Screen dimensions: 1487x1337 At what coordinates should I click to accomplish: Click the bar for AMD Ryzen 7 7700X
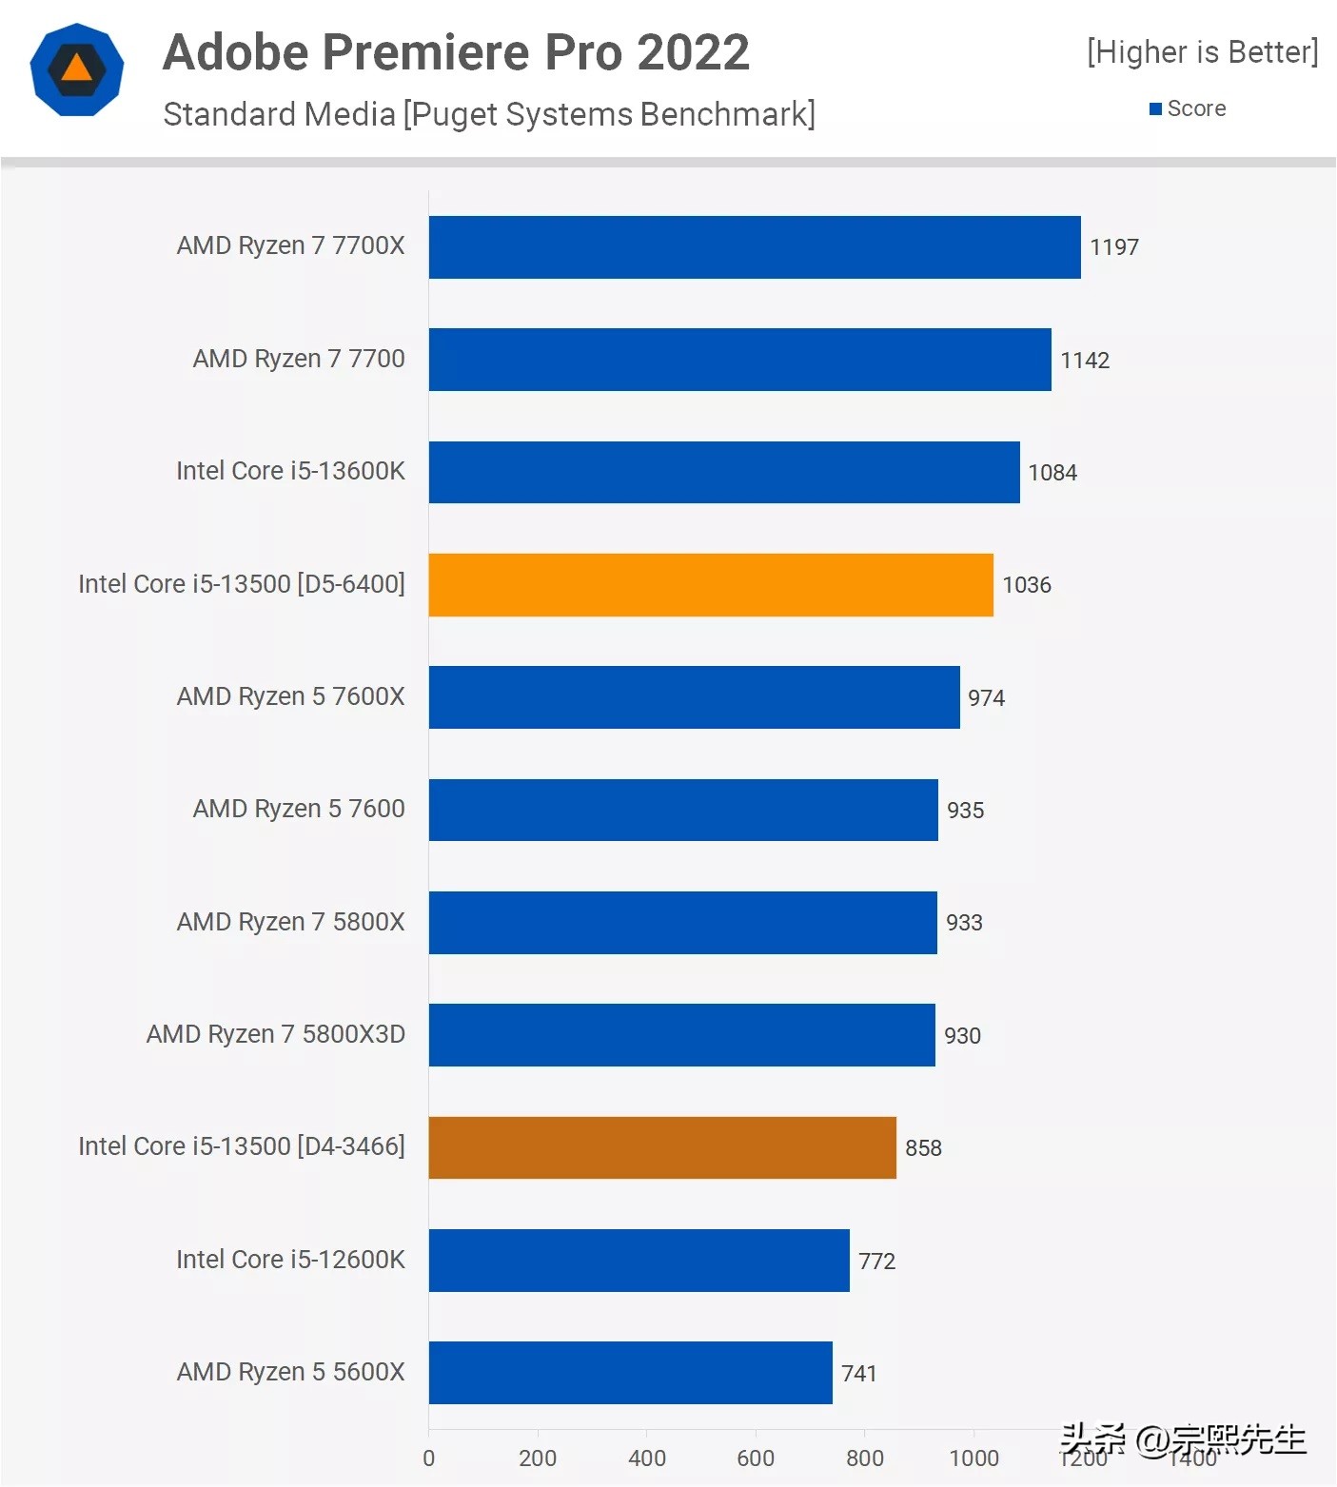click(755, 247)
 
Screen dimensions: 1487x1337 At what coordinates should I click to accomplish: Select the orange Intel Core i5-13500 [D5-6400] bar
click(711, 585)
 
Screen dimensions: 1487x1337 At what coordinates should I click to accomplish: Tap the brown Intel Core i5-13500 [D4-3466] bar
click(662, 1147)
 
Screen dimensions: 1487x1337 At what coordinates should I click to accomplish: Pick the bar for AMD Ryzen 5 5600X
click(630, 1373)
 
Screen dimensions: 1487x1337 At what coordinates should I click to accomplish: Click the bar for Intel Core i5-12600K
click(639, 1261)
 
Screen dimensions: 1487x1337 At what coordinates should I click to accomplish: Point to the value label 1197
click(1113, 247)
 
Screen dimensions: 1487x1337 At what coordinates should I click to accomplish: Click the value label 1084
click(1052, 473)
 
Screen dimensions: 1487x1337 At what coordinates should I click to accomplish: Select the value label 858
click(923, 1148)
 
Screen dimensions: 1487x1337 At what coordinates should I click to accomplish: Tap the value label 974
click(986, 698)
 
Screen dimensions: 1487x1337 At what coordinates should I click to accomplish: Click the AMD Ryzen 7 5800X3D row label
click(276, 1034)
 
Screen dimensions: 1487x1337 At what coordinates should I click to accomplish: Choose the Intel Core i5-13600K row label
click(290, 471)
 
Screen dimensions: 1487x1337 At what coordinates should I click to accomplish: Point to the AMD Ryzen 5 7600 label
click(299, 809)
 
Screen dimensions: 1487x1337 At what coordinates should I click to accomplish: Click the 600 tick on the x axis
click(756, 1458)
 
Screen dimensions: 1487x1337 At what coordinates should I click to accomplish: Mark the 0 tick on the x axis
click(429, 1458)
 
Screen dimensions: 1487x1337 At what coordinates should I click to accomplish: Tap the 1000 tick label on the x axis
click(973, 1458)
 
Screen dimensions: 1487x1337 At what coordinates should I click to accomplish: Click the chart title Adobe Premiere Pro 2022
click(456, 52)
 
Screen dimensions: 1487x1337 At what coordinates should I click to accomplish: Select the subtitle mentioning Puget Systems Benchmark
click(489, 114)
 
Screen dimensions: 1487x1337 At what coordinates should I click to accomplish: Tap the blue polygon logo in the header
click(77, 69)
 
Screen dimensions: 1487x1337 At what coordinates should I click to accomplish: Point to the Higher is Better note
click(1202, 52)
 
